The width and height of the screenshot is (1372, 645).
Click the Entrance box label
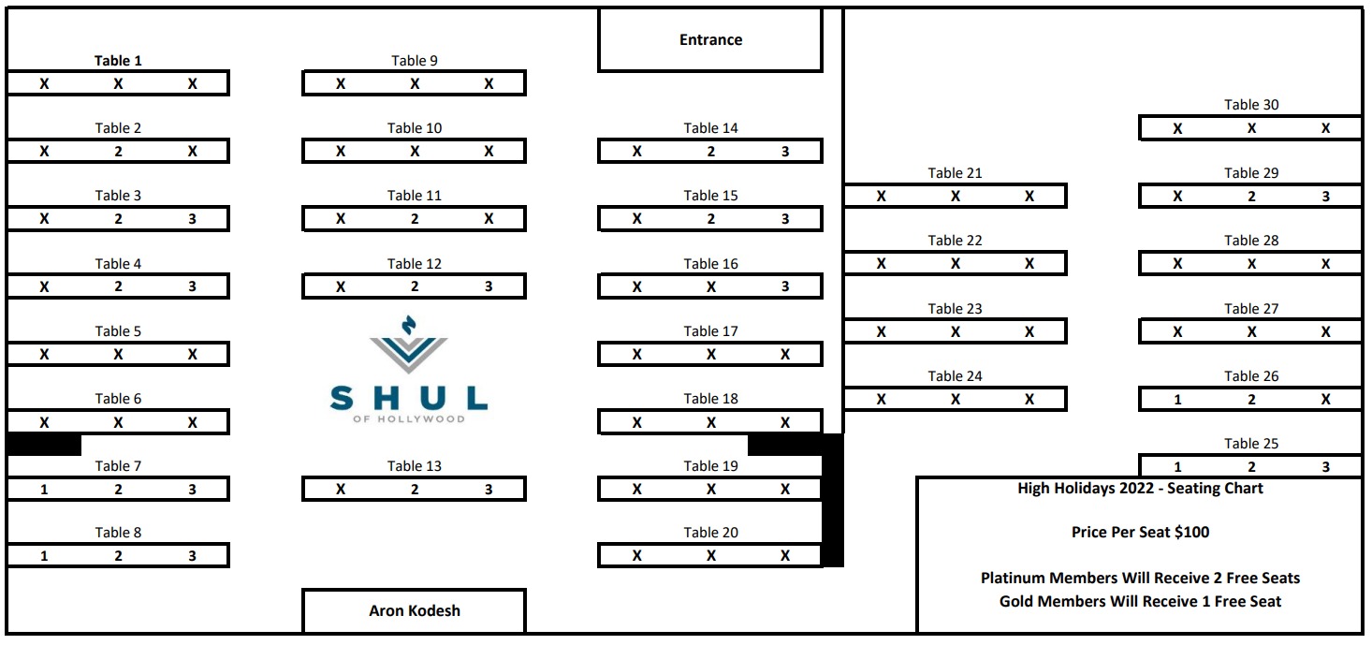pos(710,40)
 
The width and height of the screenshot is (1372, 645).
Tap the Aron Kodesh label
pos(414,610)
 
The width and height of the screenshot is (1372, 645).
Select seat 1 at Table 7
pos(44,490)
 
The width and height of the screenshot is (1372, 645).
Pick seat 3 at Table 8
pos(192,556)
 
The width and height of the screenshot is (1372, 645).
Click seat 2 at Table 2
pos(118,152)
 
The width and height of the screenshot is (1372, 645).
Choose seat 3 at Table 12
pos(489,286)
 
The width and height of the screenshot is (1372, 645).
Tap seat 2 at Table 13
pos(415,490)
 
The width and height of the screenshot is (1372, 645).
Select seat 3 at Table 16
pos(785,286)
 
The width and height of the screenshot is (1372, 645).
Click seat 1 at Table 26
pos(1177,400)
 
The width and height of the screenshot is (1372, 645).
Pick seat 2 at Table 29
pos(1251,197)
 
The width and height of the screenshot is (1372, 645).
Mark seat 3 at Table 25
pos(1325,467)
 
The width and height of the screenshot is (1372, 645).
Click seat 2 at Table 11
pos(415,219)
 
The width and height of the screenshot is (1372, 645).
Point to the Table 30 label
pos(1251,105)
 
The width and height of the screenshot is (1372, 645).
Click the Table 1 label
pos(118,61)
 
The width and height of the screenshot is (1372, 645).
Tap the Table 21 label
pos(955,173)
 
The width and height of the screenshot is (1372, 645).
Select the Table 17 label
pos(710,331)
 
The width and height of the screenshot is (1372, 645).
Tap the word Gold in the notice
pos(1017,601)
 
